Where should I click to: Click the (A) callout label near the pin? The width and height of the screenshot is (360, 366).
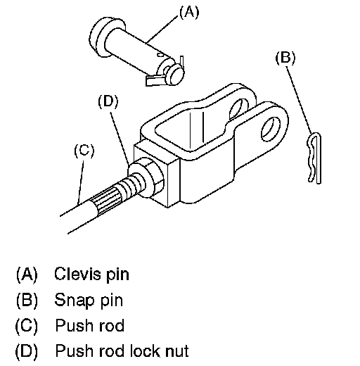coord(189,12)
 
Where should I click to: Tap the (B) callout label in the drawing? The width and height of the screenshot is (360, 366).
coord(285,58)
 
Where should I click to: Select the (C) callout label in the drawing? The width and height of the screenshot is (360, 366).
coord(84,151)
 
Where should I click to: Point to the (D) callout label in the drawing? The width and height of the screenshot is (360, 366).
coord(108,101)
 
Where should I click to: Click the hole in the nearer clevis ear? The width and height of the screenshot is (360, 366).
coord(271,130)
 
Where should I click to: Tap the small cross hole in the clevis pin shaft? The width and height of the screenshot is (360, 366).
coord(160,55)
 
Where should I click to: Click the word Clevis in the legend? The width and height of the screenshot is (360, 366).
coord(77,274)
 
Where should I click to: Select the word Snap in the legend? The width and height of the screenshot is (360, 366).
coord(75,301)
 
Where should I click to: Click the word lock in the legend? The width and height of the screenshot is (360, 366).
coord(145,351)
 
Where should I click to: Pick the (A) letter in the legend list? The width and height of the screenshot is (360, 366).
coord(27,274)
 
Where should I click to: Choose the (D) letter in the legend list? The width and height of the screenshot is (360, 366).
coord(27,351)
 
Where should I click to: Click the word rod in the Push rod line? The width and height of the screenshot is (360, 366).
coord(111,325)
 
